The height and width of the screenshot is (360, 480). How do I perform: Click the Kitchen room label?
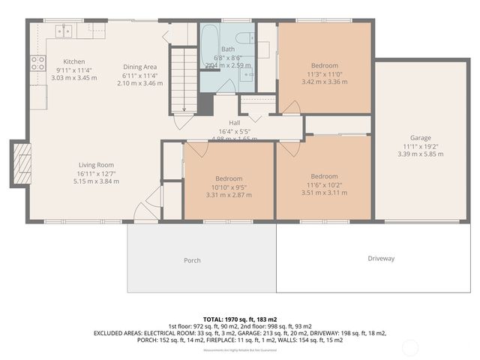(73, 61)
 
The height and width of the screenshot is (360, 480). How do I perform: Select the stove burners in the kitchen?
(36, 63)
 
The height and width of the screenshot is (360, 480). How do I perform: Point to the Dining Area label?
(139, 67)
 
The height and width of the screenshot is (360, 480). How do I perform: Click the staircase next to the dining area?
(180, 79)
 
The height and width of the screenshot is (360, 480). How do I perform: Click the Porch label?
(193, 260)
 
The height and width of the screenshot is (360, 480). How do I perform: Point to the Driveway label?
(381, 259)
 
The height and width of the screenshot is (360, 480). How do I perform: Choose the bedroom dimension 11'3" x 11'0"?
(325, 74)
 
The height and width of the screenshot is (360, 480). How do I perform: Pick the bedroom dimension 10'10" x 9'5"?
(229, 187)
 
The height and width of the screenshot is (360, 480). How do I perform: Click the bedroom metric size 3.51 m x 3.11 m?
(324, 193)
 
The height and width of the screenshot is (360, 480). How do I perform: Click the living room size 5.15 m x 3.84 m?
(96, 181)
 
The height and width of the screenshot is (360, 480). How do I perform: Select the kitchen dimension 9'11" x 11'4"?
(73, 70)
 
